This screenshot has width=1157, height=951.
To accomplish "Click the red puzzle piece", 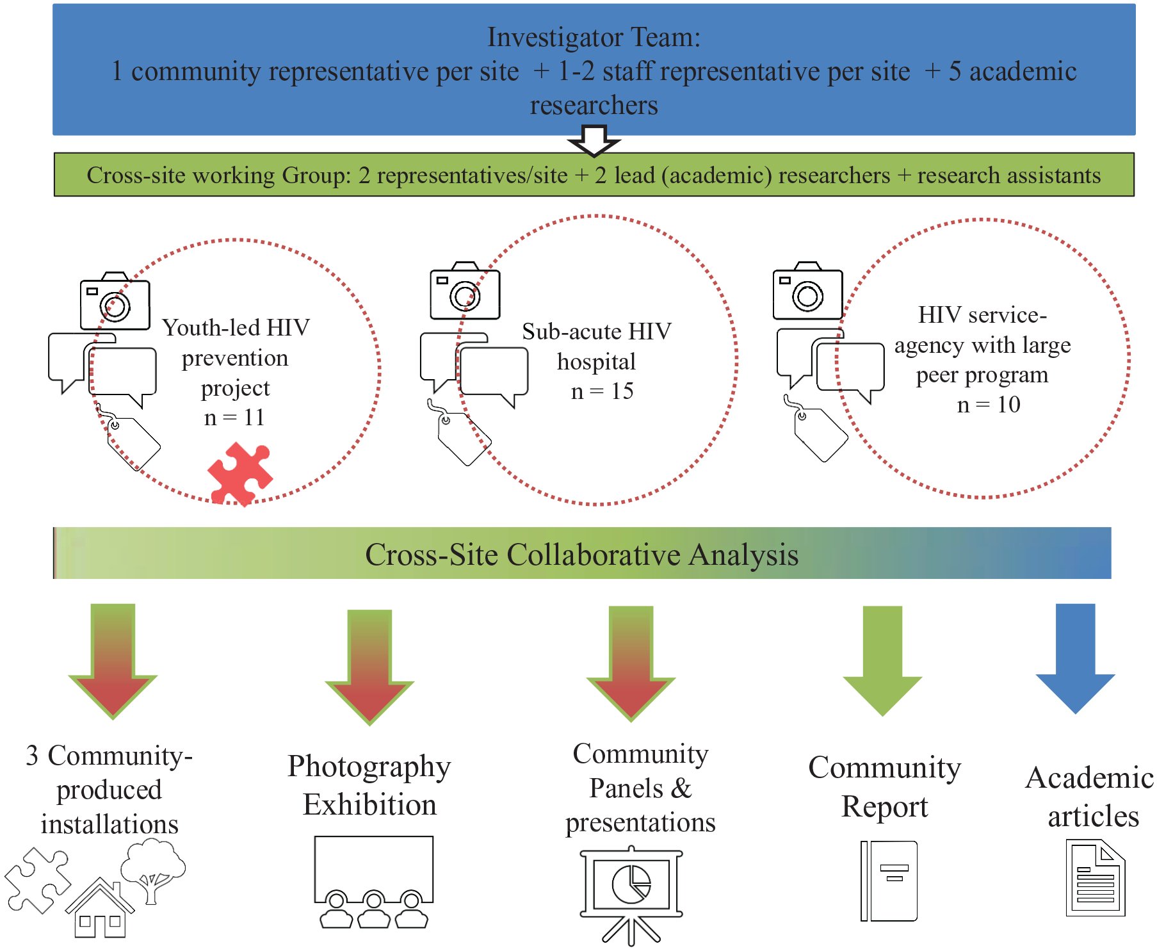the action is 240,474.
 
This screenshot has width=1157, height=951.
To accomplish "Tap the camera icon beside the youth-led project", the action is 115,301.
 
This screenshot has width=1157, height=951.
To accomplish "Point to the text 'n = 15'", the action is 602,391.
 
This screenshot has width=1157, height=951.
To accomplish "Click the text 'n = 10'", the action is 989,404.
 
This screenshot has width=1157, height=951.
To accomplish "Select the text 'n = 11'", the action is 234,418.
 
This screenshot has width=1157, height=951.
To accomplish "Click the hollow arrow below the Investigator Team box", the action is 594,141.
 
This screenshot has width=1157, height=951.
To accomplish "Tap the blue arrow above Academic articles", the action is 1076,658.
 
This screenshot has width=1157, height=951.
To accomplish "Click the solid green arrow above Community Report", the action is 882,660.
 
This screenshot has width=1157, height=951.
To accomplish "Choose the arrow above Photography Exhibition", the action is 369,667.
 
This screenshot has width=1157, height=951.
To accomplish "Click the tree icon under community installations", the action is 154,871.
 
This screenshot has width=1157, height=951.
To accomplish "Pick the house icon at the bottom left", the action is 100,908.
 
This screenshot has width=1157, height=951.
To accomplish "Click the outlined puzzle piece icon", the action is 38,880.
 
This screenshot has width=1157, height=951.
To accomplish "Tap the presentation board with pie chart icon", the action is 631,895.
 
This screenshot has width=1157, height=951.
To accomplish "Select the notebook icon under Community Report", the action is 889,881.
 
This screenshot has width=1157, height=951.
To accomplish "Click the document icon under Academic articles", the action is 1096,878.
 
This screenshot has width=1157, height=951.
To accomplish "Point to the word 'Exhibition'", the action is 369,804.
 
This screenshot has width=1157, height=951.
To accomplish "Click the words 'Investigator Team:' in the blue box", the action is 594,37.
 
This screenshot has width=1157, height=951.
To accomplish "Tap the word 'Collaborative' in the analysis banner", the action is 594,555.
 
